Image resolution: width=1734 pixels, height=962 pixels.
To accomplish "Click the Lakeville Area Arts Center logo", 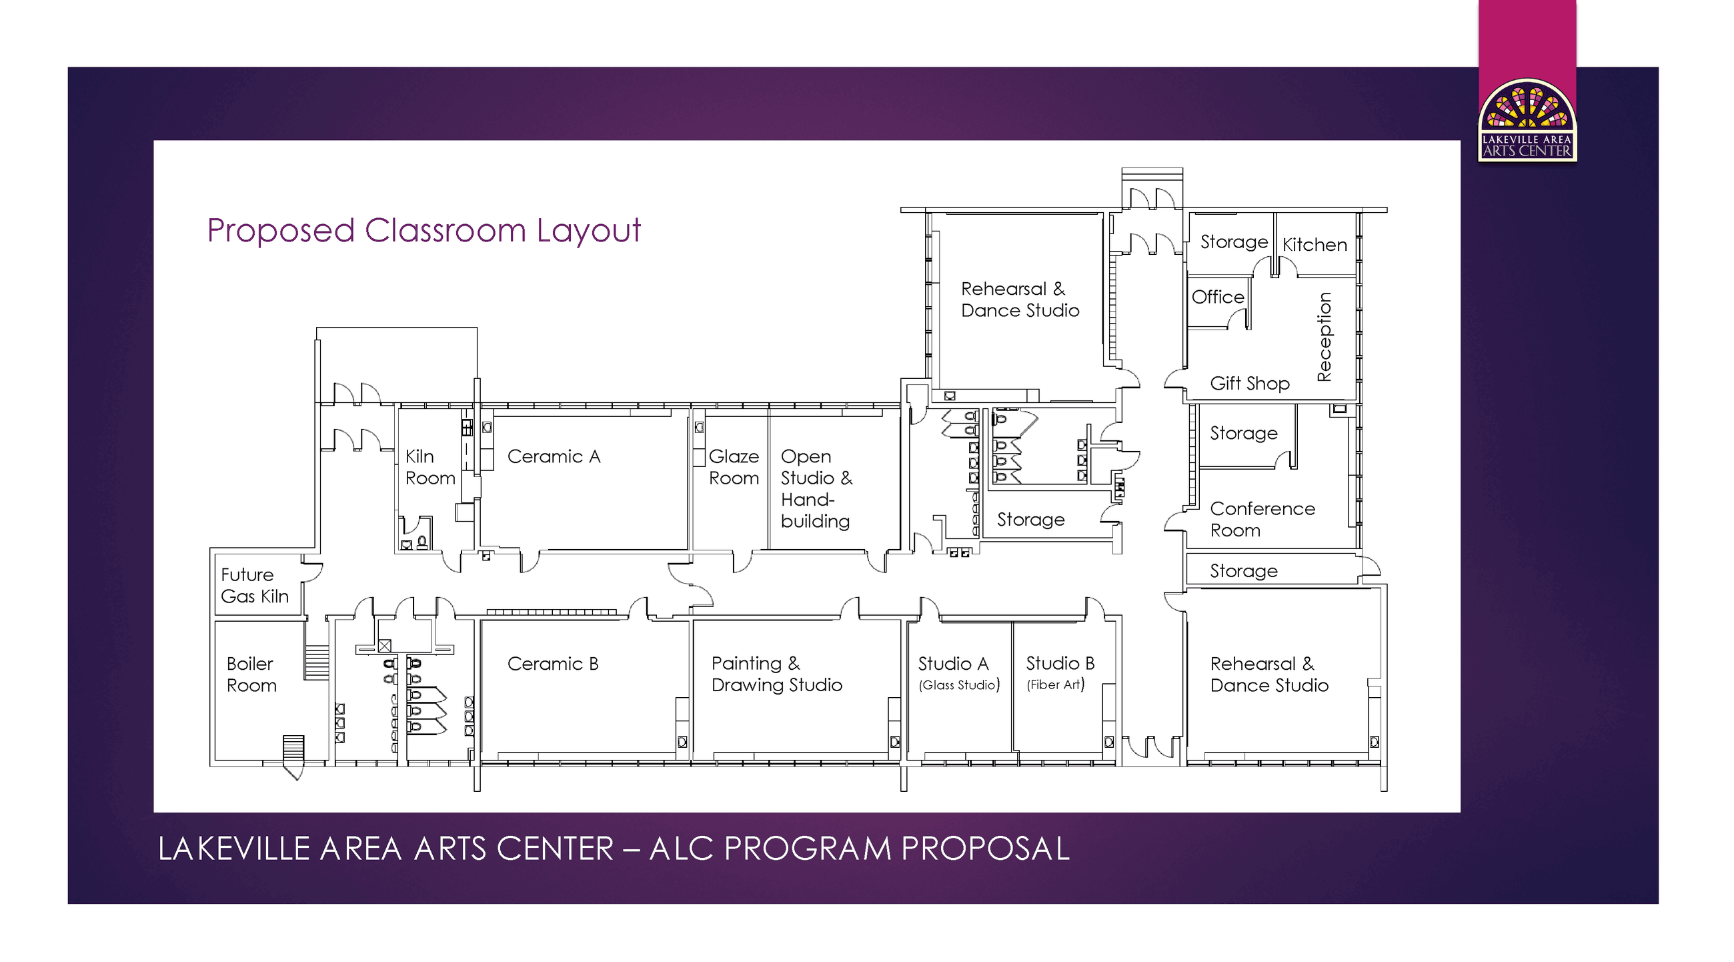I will [1527, 121].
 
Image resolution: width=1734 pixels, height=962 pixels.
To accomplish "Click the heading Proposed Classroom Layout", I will [423, 231].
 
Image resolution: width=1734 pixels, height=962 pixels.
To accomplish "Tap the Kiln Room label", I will [429, 467].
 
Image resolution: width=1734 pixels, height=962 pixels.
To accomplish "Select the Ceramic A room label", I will [554, 456].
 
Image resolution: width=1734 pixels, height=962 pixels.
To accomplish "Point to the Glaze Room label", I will [733, 467].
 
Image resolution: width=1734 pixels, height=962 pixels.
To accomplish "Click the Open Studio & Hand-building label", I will [816, 489].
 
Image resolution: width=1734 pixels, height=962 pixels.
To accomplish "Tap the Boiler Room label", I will [251, 674].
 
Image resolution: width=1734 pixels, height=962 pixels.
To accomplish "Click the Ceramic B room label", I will [553, 664].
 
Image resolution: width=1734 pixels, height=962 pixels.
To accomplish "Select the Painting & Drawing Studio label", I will [776, 674].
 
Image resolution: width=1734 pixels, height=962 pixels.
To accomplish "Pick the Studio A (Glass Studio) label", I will [958, 673].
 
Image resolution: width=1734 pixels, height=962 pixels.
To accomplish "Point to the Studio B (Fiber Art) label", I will [1060, 673].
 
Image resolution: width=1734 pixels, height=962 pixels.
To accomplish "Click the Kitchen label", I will [1314, 245].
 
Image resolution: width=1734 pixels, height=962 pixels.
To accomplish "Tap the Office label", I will [1217, 297].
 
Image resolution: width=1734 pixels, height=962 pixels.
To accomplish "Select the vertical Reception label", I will [1324, 337].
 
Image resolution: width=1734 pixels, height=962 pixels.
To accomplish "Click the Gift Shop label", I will [1249, 384].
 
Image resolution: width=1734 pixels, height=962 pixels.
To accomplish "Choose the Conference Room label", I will [1261, 519].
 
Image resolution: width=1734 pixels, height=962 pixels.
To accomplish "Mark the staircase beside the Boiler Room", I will [316, 662].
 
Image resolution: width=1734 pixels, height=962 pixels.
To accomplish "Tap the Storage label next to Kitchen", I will [1233, 242].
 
